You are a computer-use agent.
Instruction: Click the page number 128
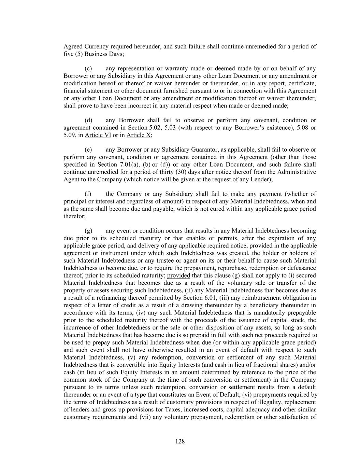[180, 441]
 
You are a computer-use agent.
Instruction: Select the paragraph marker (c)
[88, 69]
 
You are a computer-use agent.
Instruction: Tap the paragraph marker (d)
[88, 120]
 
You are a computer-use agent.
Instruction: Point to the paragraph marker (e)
[88, 150]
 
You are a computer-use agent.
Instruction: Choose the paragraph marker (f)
[88, 194]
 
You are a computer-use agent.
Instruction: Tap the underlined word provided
[178, 276]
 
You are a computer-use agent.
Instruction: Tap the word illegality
[263, 402]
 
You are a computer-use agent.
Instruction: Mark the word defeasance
[302, 268]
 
